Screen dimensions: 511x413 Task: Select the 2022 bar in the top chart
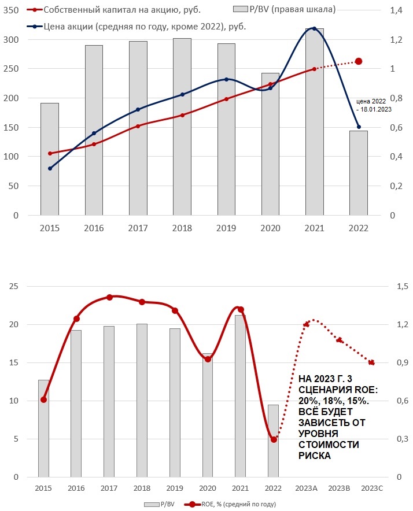359,173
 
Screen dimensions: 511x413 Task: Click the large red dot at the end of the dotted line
359,61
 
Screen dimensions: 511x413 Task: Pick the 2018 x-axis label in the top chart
182,228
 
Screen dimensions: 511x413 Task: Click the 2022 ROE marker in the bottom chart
274,439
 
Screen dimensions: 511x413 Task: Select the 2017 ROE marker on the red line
109,297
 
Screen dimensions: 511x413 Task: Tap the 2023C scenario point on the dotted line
371,363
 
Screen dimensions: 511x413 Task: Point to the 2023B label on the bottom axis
340,489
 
